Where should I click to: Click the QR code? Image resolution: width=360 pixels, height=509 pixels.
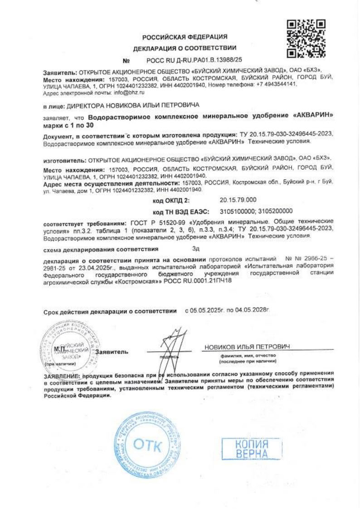(x=306, y=39)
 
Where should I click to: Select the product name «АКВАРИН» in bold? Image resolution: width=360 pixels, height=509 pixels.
(x=312, y=116)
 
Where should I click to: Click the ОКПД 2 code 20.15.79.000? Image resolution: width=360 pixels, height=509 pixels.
(x=238, y=200)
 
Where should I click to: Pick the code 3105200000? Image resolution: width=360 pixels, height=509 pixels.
(x=275, y=211)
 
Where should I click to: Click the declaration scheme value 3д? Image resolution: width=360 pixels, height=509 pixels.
(x=196, y=249)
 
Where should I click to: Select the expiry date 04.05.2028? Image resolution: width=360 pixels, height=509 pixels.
(x=249, y=311)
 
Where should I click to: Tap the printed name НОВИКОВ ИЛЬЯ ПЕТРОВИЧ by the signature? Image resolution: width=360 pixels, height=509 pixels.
(x=247, y=347)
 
